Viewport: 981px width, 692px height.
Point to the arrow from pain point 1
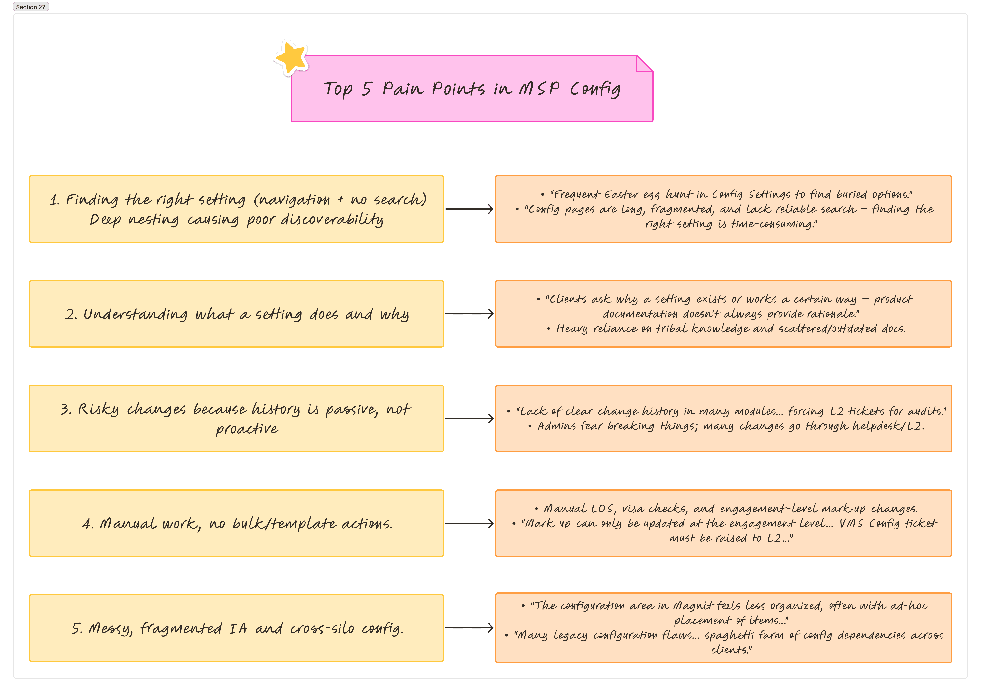click(x=469, y=209)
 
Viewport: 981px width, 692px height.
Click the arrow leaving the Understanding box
click(x=469, y=314)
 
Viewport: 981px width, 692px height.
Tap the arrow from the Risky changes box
click(x=469, y=419)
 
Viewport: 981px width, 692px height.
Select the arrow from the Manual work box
click(x=469, y=523)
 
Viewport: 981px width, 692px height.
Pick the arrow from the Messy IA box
click(x=469, y=628)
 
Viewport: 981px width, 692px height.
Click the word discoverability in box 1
click(x=332, y=219)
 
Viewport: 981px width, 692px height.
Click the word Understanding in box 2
click(x=135, y=314)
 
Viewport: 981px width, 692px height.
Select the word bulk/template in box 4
click(x=284, y=524)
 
